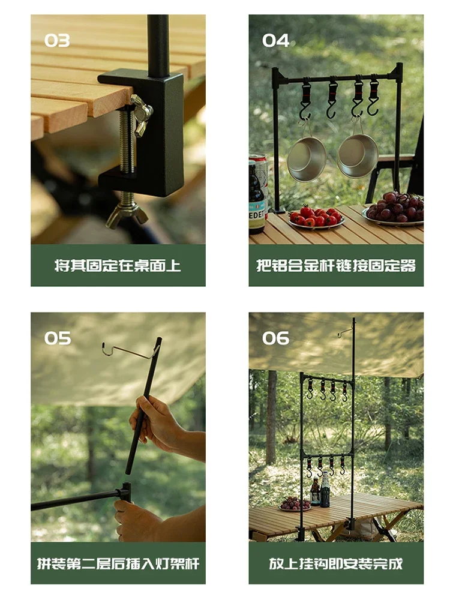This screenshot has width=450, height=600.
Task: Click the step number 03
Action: pyautogui.click(x=57, y=41)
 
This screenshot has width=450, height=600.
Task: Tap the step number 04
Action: pyautogui.click(x=275, y=41)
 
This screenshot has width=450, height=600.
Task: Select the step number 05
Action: pyautogui.click(x=57, y=338)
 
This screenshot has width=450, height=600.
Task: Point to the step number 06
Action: pyautogui.click(x=275, y=338)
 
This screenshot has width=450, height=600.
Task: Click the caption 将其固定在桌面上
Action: pyautogui.click(x=118, y=265)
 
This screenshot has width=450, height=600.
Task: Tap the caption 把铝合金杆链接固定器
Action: pyautogui.click(x=336, y=265)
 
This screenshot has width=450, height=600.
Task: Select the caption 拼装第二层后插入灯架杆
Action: pyautogui.click(x=118, y=563)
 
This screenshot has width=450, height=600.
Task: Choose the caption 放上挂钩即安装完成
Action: pyautogui.click(x=336, y=563)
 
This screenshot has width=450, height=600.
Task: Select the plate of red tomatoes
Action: pyautogui.click(x=316, y=217)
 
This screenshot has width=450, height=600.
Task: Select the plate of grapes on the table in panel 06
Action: pyautogui.click(x=294, y=504)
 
